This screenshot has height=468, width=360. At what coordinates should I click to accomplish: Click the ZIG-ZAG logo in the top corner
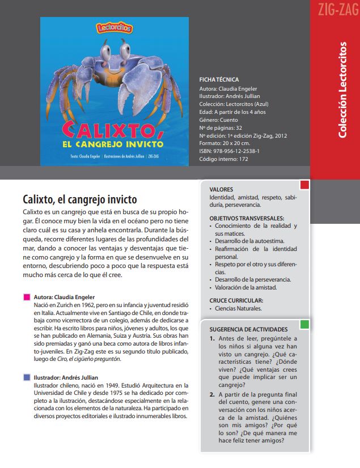(334, 10)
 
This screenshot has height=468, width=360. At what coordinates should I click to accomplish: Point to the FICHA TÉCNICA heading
(219, 80)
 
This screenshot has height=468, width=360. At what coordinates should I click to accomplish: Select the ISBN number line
(230, 151)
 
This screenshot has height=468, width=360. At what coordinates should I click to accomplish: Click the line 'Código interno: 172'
(224, 159)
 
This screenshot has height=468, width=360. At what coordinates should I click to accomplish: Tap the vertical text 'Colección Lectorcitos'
(342, 89)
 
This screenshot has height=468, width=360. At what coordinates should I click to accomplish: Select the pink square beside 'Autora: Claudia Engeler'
(26, 297)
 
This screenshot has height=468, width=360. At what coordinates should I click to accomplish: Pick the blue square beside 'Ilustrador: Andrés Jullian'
(26, 377)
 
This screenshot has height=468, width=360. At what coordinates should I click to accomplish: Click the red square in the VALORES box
(304, 185)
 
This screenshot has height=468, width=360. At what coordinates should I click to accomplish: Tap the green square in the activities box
(304, 325)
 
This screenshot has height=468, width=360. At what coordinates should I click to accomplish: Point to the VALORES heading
(221, 189)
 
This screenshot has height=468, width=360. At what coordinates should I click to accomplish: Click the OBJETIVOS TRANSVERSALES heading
(247, 218)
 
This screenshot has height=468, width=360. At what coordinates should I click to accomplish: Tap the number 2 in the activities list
(212, 395)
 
